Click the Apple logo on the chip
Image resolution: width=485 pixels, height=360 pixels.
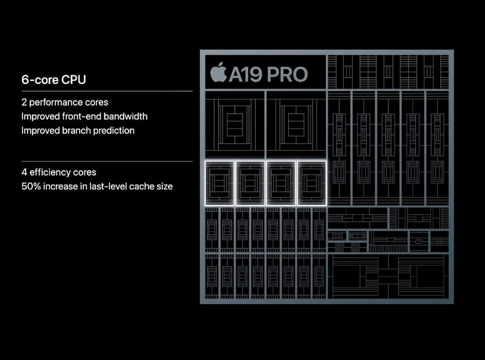click(x=218, y=73)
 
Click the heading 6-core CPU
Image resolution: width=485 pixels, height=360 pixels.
click(x=53, y=80)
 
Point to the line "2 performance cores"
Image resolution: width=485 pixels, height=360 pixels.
click(x=65, y=102)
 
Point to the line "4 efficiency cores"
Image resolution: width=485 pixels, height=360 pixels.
click(x=59, y=172)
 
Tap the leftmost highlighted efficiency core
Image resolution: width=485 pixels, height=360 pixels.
click(x=219, y=183)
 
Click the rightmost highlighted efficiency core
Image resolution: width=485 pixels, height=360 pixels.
click(x=311, y=183)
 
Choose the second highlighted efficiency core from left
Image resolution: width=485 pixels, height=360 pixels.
click(x=250, y=183)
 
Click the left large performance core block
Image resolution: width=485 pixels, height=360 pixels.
click(x=235, y=124)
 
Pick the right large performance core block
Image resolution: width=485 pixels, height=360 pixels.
click(x=295, y=124)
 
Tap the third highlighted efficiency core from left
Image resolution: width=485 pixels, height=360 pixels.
click(x=281, y=183)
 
